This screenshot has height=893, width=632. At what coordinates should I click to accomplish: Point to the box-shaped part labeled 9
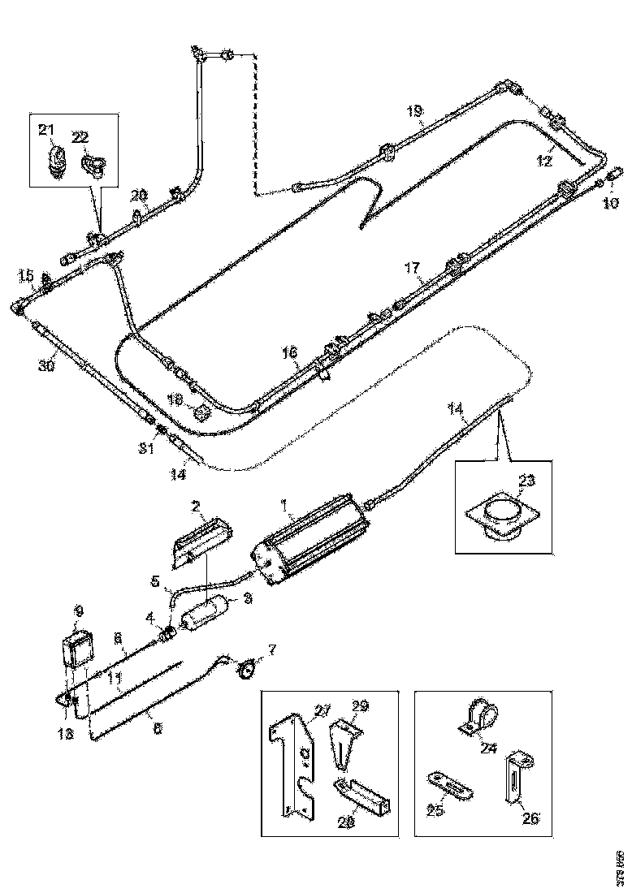(x=79, y=650)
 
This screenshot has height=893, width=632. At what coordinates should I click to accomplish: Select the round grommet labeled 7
(x=244, y=670)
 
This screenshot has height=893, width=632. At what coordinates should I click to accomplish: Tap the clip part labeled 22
(x=91, y=164)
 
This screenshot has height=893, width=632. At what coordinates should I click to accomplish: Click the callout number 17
(x=413, y=267)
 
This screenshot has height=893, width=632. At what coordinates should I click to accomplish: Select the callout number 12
(x=543, y=161)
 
